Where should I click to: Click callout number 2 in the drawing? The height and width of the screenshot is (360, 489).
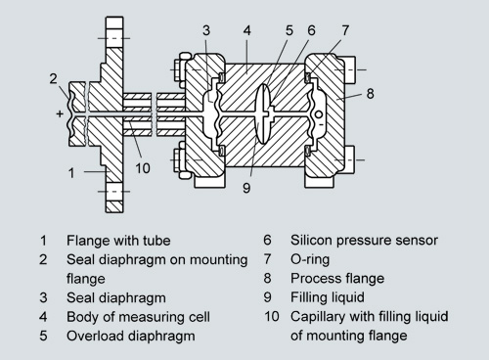(53, 78)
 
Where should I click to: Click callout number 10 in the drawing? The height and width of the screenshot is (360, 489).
(143, 168)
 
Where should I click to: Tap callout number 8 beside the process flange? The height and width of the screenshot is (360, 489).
(370, 94)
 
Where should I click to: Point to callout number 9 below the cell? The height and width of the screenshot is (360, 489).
(246, 188)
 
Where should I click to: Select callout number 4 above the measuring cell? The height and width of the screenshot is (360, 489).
(246, 30)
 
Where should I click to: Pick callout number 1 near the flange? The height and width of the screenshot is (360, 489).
(71, 173)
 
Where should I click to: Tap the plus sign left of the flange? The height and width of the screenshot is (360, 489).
(60, 113)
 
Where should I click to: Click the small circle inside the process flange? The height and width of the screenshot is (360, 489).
(319, 114)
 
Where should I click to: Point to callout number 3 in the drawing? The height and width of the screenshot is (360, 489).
(206, 30)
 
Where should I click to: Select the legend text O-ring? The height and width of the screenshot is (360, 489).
(310, 259)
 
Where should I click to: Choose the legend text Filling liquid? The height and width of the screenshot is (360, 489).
(328, 297)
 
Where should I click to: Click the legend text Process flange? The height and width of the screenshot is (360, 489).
(337, 279)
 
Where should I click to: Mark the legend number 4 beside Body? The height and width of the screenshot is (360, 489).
(43, 317)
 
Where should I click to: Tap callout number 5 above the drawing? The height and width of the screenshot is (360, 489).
(289, 30)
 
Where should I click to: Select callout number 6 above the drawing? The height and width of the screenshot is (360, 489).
(311, 30)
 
